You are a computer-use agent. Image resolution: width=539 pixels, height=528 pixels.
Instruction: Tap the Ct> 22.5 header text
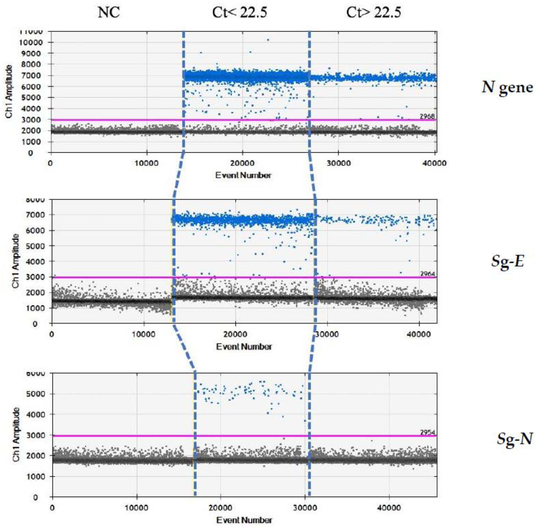tap(373, 12)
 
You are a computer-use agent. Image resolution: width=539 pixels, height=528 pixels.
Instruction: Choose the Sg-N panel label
tap(514, 439)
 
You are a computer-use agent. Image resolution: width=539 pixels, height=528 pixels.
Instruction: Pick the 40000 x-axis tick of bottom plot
tap(389, 508)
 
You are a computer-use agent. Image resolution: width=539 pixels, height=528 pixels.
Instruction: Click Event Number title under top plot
tap(243, 175)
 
